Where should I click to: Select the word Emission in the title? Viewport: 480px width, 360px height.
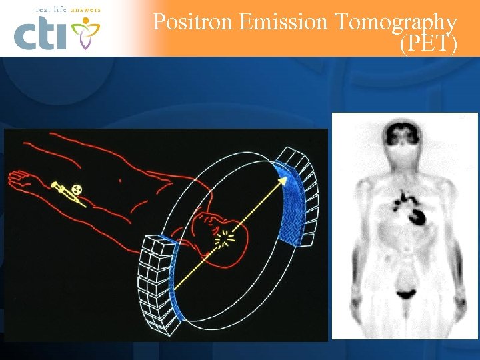pos(283,22)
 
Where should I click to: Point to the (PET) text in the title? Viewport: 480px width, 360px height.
pos(428,45)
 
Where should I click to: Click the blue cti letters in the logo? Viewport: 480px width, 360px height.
pos(41,34)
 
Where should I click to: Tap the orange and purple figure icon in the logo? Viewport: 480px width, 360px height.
pos(85,32)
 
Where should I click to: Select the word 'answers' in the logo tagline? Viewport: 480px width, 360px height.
pos(85,10)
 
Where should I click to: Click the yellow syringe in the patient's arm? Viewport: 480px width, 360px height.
pos(66,195)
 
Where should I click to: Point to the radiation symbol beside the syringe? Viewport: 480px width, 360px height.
pos(78,189)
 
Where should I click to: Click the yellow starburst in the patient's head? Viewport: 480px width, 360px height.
pos(228,236)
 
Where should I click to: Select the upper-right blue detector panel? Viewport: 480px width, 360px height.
pos(288,203)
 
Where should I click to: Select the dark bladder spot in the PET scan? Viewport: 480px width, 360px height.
pos(405,292)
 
